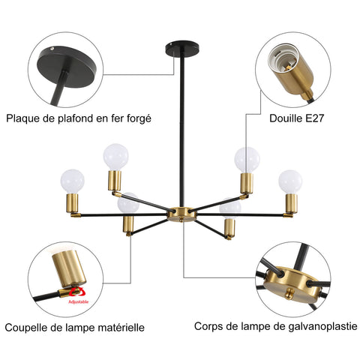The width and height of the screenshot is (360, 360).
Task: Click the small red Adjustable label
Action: (78, 301)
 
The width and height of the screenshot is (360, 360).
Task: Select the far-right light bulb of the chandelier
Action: (289, 181)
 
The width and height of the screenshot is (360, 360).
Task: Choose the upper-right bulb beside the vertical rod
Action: (246, 159)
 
